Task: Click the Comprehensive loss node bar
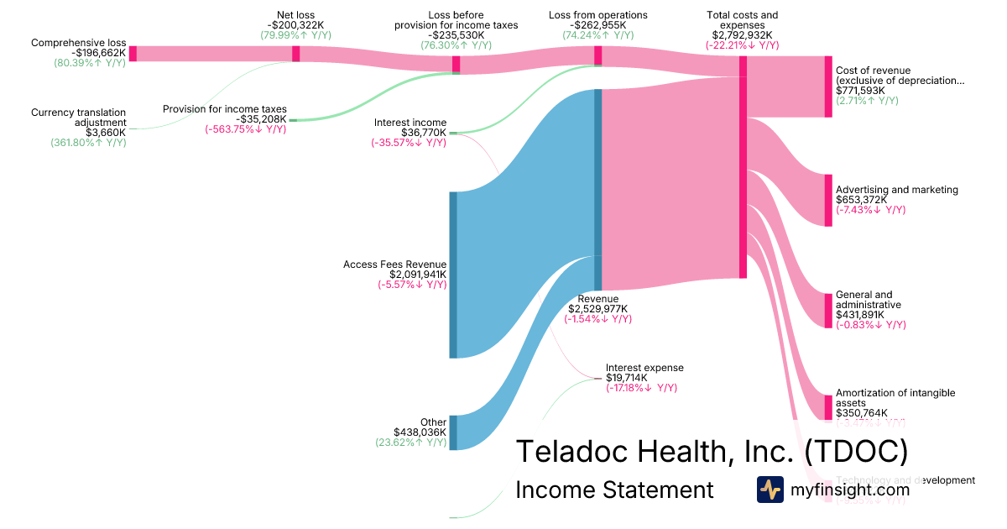[x=133, y=54]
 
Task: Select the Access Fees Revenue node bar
[x=453, y=275]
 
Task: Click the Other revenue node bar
[x=453, y=432]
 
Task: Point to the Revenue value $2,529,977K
[x=597, y=309]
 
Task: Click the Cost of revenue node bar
[x=828, y=86]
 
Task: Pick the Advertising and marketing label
[x=896, y=190]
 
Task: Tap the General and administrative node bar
[x=828, y=298]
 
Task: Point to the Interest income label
[x=410, y=123]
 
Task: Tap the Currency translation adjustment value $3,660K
[x=106, y=133]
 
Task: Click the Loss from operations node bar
[x=598, y=55]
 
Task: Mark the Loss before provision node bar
[x=457, y=65]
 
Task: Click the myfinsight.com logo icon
[x=770, y=490]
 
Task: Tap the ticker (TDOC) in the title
[x=855, y=451]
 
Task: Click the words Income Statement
[x=614, y=490]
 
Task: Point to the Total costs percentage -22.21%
[x=742, y=46]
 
